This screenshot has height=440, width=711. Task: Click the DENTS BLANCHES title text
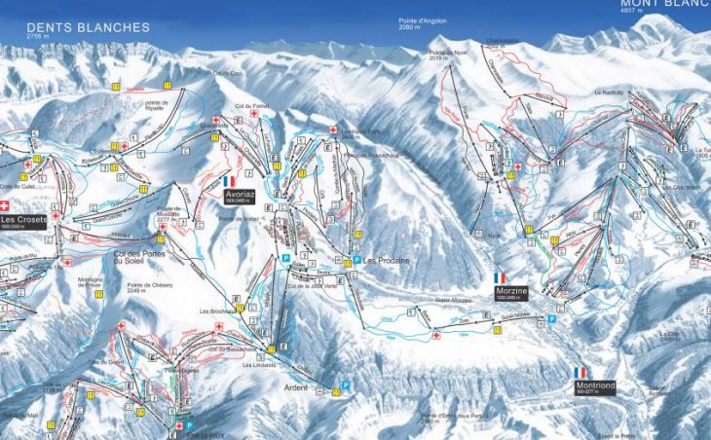click(89, 27)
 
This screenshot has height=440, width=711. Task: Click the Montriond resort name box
click(595, 386)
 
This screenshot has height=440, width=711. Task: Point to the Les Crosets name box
click(22, 221)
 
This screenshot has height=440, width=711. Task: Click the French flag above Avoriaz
click(230, 181)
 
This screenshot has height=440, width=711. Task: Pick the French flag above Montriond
click(580, 372)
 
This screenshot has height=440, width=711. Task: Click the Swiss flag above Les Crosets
click(4, 205)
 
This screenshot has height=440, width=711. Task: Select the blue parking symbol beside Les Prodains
click(356, 261)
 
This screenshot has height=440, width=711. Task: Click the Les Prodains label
click(385, 261)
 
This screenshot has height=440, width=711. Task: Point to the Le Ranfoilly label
click(609, 92)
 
